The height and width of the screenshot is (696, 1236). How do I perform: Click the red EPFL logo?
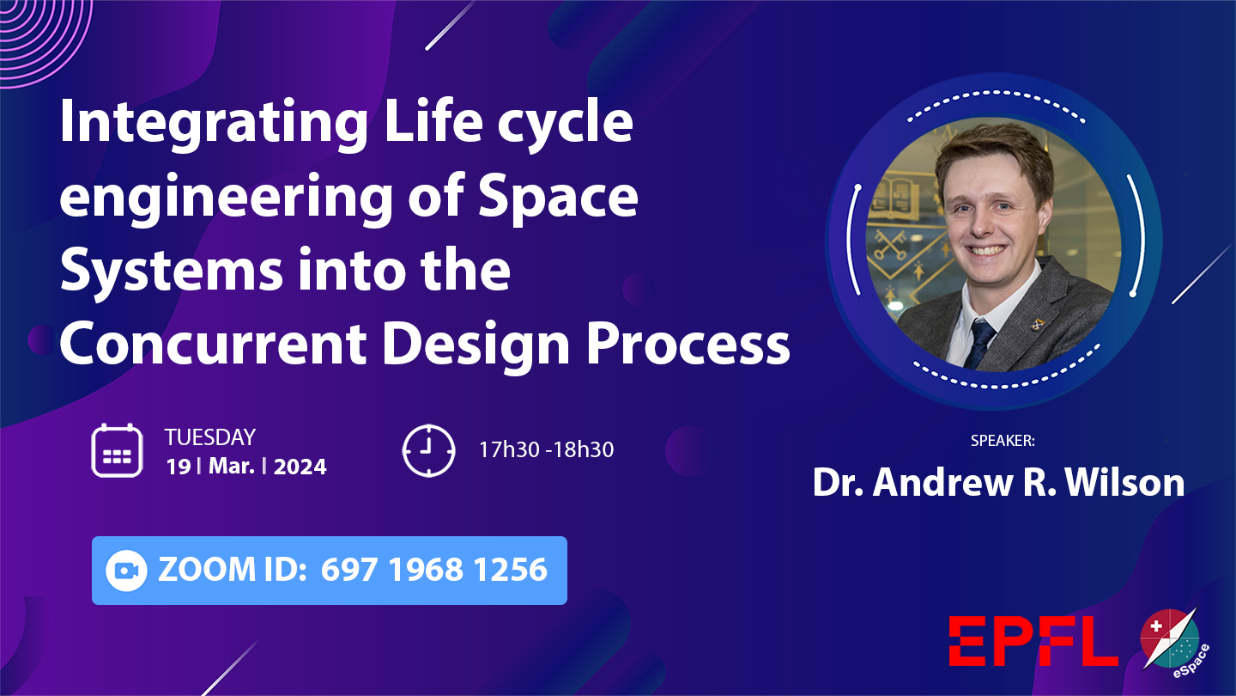[1033, 641]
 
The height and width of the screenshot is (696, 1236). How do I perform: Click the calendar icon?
[117, 450]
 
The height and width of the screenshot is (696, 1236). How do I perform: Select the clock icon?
[429, 450]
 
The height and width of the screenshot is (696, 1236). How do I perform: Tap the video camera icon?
[126, 571]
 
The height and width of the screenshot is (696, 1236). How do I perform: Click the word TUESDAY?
[210, 437]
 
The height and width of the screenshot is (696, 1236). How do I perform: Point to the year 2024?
[300, 467]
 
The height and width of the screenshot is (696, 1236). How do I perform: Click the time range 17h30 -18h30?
[546, 449]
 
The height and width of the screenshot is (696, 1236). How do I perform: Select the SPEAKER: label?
[1003, 441]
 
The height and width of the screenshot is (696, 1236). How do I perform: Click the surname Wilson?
[1124, 482]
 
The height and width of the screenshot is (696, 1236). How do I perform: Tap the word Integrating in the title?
[214, 125]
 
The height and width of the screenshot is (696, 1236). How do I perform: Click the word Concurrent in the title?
[213, 343]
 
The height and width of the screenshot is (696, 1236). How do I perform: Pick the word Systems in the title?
[172, 270]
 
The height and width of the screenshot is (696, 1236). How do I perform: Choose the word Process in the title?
[688, 343]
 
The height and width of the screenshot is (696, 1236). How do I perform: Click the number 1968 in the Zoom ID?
[426, 570]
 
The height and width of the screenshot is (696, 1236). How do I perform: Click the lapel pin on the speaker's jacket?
[1038, 322]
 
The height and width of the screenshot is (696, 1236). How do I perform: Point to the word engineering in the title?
[227, 198]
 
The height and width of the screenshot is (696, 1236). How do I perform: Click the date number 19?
[179, 467]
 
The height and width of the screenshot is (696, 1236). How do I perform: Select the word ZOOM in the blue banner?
[207, 570]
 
